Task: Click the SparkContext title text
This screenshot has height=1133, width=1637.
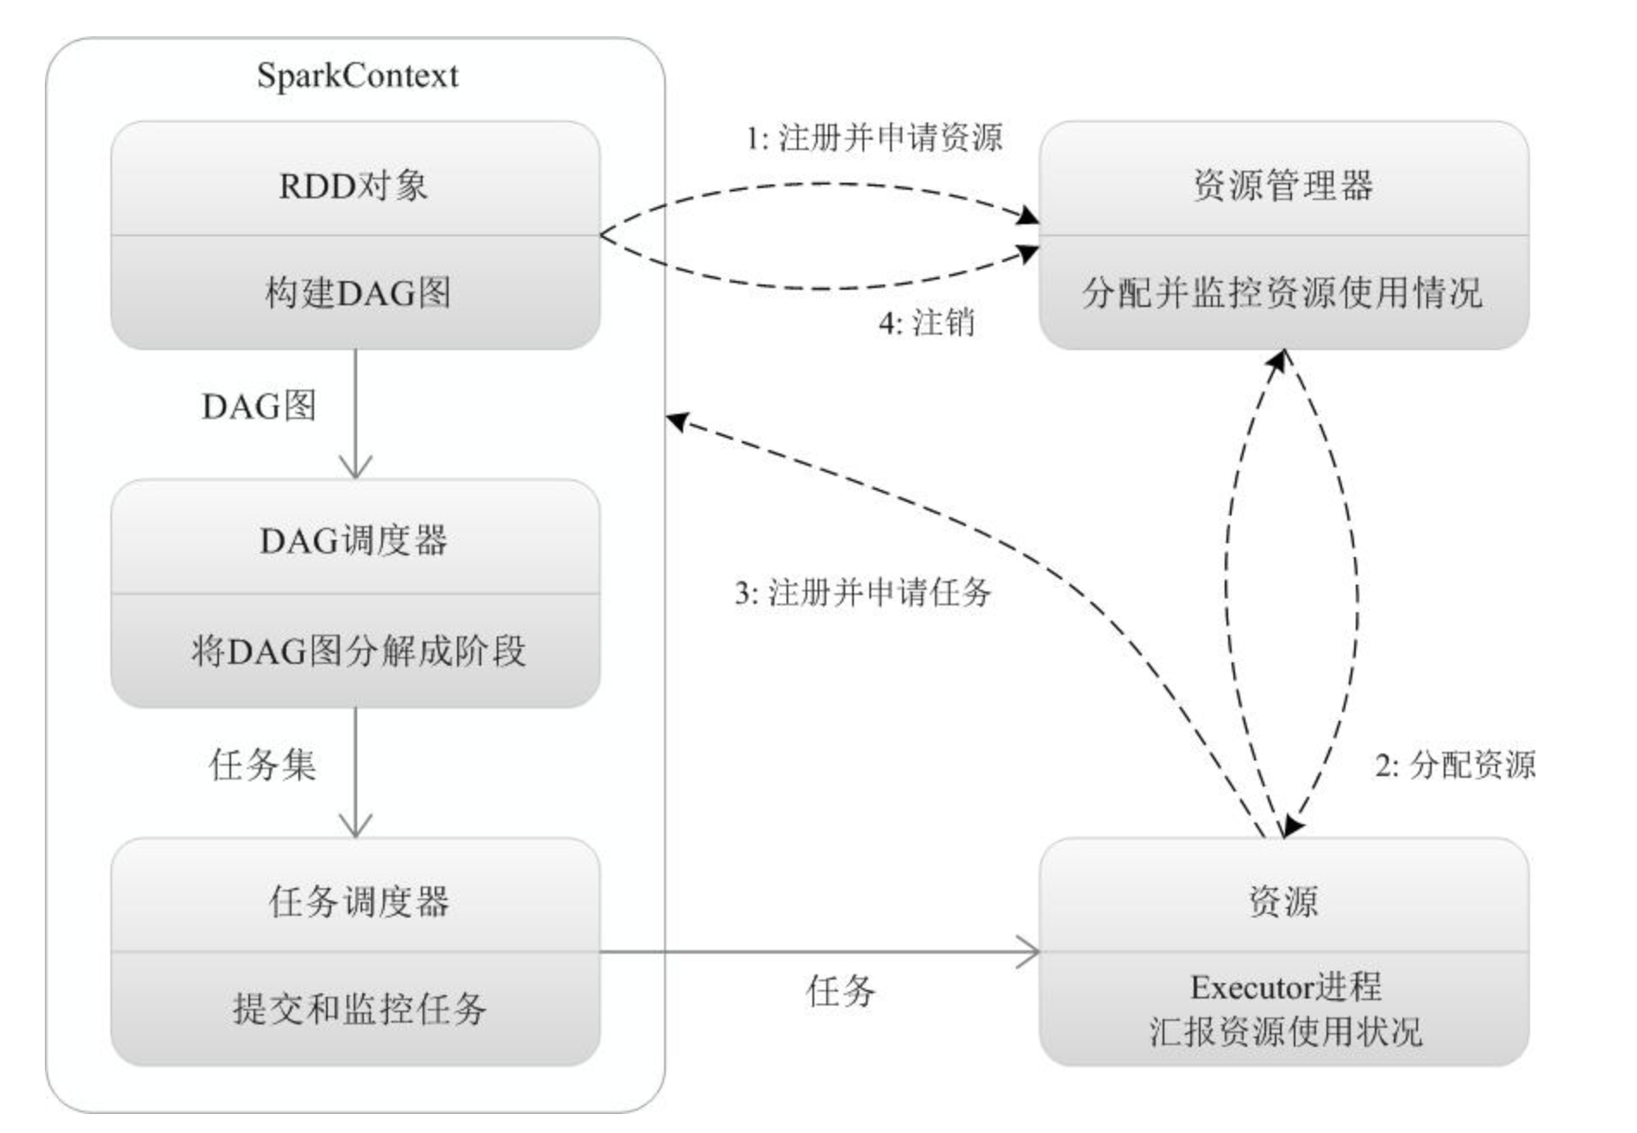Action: [357, 76]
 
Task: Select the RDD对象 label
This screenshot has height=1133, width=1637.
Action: [354, 185]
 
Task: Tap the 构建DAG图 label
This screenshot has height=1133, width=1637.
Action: [357, 293]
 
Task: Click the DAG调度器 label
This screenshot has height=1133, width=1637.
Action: [354, 541]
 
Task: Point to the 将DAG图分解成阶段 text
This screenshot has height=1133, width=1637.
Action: [358, 651]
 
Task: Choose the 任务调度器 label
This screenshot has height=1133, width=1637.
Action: [359, 902]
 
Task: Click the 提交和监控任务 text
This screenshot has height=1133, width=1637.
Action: [359, 1009]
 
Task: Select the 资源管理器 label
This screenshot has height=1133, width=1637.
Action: [1283, 185]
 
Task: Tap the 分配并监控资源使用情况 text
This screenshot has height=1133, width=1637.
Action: [1283, 293]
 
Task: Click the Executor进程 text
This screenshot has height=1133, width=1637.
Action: [1285, 987]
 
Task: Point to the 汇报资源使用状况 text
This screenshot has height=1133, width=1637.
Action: [1285, 1032]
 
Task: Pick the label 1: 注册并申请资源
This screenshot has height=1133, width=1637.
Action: [874, 138]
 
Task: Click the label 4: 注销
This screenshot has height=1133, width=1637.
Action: [926, 323]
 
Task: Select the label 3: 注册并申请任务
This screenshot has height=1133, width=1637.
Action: [862, 593]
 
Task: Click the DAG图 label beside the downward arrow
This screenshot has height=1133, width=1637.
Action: [259, 406]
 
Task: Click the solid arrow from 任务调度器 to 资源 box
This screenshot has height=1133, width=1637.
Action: [819, 953]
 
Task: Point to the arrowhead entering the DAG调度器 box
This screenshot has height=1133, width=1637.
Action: [355, 467]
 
